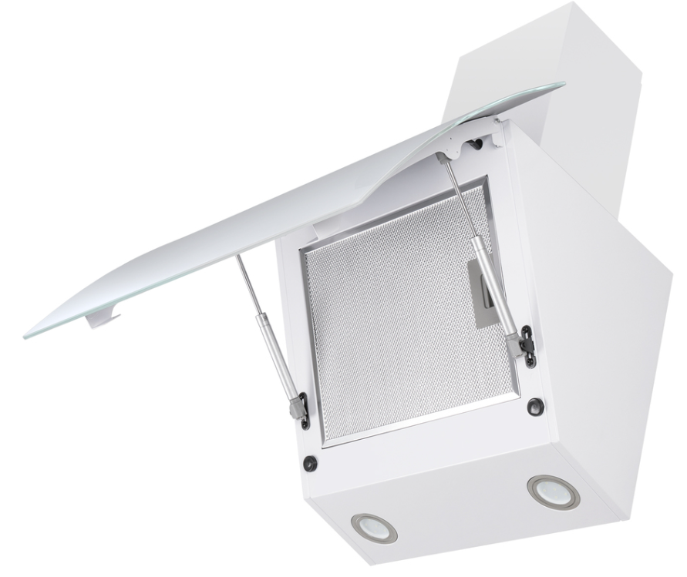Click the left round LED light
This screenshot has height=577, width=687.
point(374,528)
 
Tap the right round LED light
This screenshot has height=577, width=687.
point(553,491)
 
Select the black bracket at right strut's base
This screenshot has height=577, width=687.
point(526,344)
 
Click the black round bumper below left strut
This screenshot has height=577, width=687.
point(310,463)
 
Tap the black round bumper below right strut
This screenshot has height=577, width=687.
point(535,406)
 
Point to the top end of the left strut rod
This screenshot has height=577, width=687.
point(238,257)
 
